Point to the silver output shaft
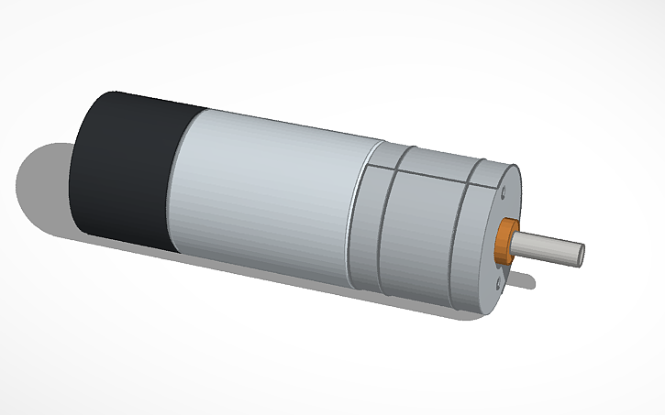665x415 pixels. coord(546,248)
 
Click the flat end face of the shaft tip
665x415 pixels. coord(580,254)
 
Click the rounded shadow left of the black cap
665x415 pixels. coord(41,183)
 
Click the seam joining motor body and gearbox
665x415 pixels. coord(352,215)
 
